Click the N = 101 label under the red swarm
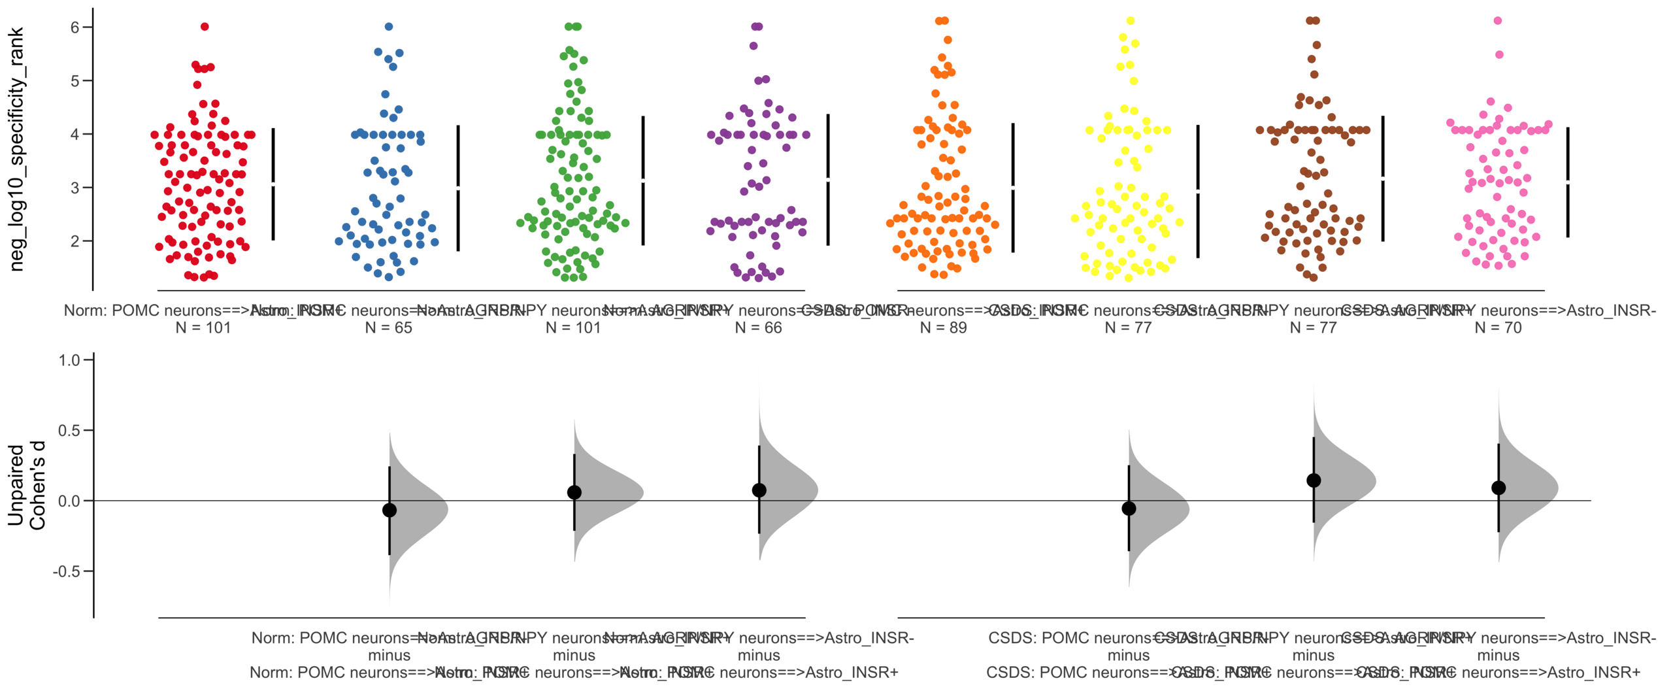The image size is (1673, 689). point(203,328)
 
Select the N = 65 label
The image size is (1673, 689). point(388,328)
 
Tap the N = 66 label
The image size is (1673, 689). point(758,328)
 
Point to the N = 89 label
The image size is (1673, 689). point(943,328)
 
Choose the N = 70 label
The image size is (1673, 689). point(1498,328)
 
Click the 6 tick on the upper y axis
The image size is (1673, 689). point(75,27)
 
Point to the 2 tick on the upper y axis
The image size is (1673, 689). point(75,241)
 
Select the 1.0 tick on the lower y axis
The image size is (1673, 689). point(69,360)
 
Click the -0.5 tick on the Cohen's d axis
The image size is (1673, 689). point(67,571)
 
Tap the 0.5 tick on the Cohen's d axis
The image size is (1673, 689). point(69,430)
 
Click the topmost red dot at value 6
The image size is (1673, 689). point(205,27)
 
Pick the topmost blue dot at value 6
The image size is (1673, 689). point(389,27)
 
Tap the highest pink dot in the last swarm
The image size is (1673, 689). point(1498,21)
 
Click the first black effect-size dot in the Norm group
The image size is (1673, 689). point(389,510)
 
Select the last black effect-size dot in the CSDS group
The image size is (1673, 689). point(1499,488)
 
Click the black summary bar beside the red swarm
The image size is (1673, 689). point(273,184)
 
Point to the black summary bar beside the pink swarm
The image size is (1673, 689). point(1568,182)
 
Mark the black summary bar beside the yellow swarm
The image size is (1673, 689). point(1198,191)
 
